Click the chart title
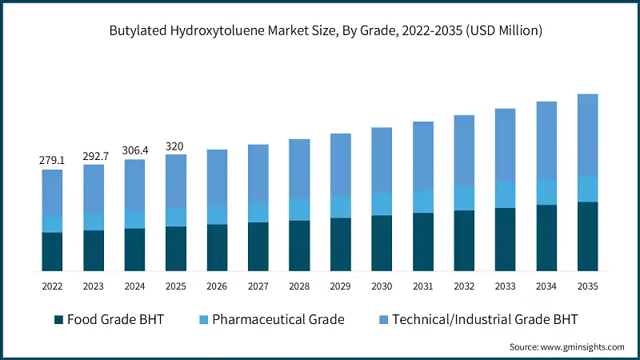[320, 31]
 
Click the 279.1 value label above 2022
[52, 161]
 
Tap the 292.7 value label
[94, 156]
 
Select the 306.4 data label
[134, 150]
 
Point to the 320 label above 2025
[175, 146]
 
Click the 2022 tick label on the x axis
[52, 286]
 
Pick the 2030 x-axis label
[382, 286]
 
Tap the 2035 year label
[587, 286]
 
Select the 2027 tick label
[258, 286]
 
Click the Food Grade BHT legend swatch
[58, 320]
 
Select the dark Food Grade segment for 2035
[587, 236]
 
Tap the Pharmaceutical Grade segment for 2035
[587, 189]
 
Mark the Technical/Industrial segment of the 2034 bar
[546, 140]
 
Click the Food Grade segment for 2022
[52, 251]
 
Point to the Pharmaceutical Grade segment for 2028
[299, 210]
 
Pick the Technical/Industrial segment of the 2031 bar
[422, 156]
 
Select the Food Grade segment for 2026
[217, 247]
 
